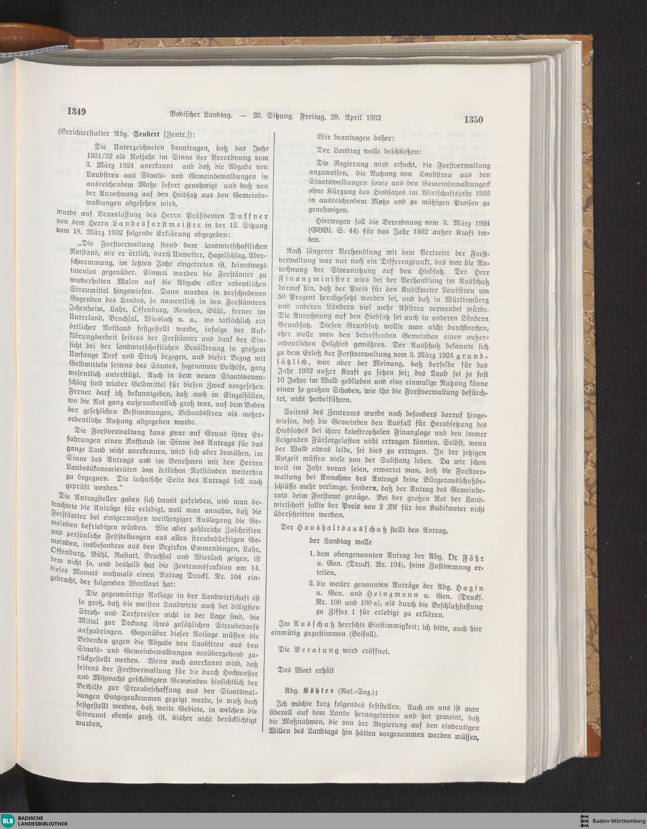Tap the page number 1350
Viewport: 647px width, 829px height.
click(x=472, y=120)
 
